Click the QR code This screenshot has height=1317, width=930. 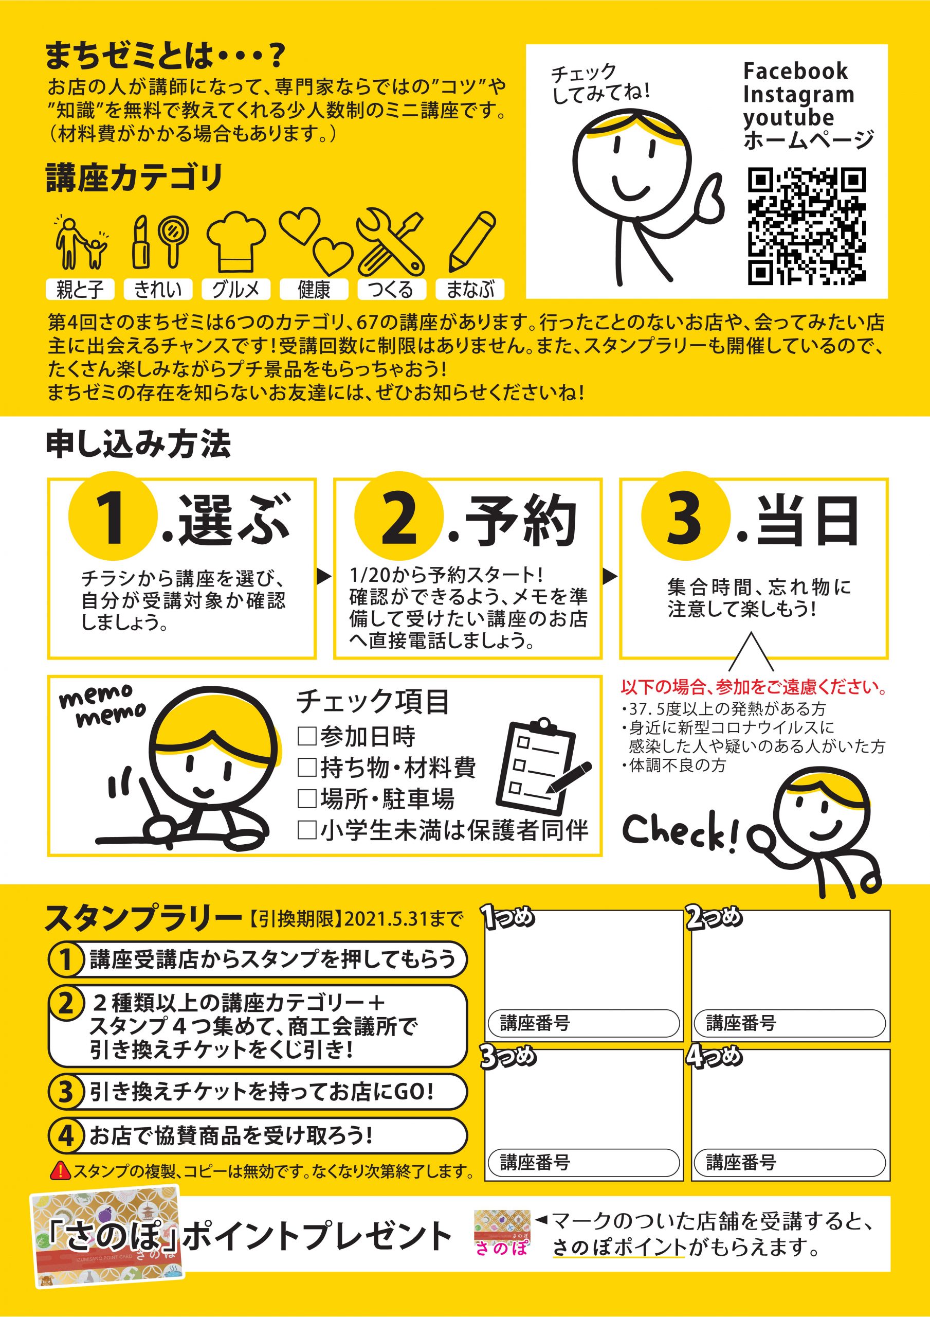click(x=807, y=226)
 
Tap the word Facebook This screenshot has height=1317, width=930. click(x=795, y=71)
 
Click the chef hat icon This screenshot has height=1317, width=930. click(x=236, y=241)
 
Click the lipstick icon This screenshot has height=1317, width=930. click(x=141, y=242)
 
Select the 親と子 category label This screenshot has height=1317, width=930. click(x=80, y=289)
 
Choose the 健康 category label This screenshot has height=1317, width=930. click(x=314, y=289)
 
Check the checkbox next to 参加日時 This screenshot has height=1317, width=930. click(x=307, y=736)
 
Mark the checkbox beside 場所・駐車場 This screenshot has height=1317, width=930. click(x=307, y=798)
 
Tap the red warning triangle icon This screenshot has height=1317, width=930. click(x=60, y=1171)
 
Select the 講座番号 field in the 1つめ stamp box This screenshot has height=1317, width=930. click(x=583, y=1023)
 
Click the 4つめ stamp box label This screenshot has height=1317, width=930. click(x=714, y=1056)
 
